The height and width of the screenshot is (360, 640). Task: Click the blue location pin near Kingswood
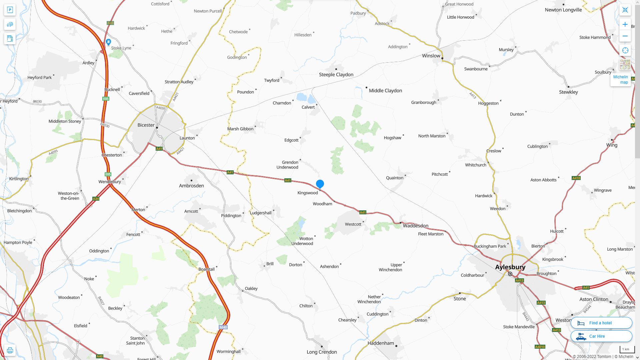320,184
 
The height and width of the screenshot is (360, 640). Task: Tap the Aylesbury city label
510,267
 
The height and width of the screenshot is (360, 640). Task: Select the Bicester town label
146,125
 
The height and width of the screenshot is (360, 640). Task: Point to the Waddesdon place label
415,226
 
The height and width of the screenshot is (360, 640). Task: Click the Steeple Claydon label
336,75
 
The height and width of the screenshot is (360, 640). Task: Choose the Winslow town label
431,56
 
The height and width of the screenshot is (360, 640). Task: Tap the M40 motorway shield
223,327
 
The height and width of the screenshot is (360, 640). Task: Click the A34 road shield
96,199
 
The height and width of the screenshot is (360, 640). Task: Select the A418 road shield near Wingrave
576,178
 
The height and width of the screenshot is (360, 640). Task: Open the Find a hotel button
601,323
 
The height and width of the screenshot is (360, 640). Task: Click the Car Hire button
601,336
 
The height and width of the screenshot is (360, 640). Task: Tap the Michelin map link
620,80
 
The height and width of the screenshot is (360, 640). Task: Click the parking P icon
10,10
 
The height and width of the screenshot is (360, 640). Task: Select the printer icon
10,350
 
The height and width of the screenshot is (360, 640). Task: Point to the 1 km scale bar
625,349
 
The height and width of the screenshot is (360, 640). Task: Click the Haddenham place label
381,343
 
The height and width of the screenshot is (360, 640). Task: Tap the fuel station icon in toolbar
10,39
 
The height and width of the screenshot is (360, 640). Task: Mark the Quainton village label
394,178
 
